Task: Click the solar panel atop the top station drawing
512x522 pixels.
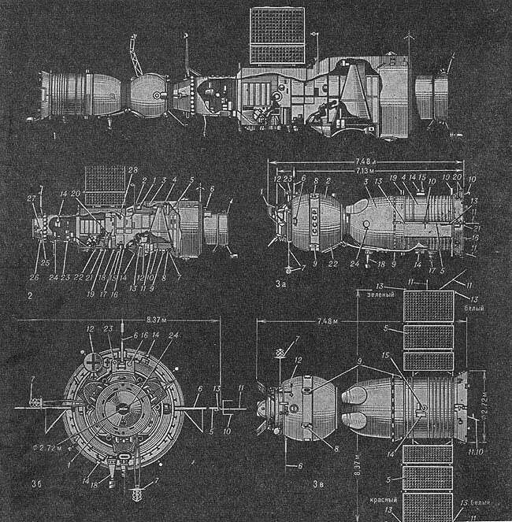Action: click(276, 35)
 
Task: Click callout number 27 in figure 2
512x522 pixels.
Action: click(32, 198)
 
